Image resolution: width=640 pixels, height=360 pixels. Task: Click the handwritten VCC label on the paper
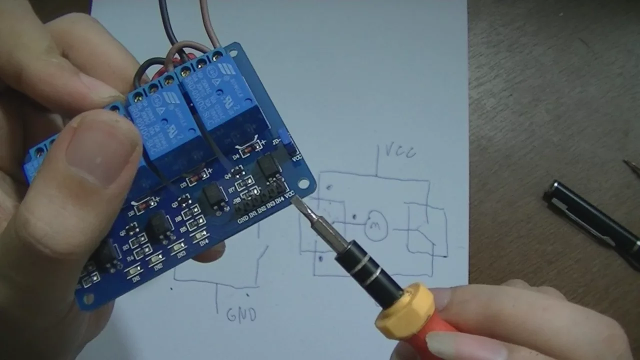point(400,151)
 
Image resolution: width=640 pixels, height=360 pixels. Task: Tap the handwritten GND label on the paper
point(241,315)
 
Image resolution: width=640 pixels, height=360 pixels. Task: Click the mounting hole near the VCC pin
point(303,183)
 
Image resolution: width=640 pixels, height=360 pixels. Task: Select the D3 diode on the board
point(195,177)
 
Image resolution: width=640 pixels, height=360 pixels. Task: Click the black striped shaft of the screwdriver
point(367,270)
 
